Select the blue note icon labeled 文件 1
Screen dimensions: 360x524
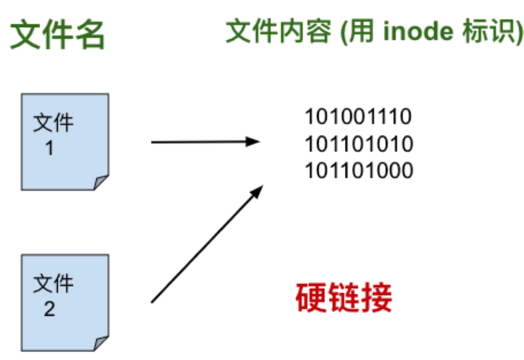(x=65, y=141)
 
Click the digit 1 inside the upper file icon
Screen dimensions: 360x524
(x=49, y=148)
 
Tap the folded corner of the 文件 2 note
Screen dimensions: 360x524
(x=101, y=343)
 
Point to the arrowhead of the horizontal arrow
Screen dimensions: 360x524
(x=254, y=142)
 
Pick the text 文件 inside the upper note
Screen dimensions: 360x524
(x=54, y=123)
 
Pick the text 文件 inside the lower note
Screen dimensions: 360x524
(x=54, y=283)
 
